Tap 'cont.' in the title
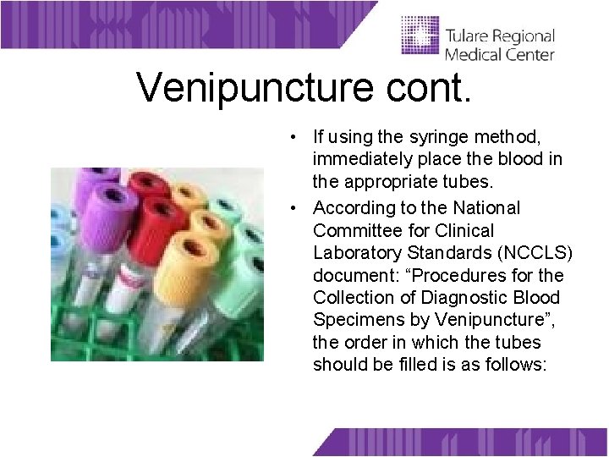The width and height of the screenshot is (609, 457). [x=439, y=87]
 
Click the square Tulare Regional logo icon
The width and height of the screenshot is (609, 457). [x=419, y=38]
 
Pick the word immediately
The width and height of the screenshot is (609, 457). [x=361, y=159]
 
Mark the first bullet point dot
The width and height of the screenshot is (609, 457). [x=291, y=136]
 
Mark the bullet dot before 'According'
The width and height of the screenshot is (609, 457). [x=291, y=208]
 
